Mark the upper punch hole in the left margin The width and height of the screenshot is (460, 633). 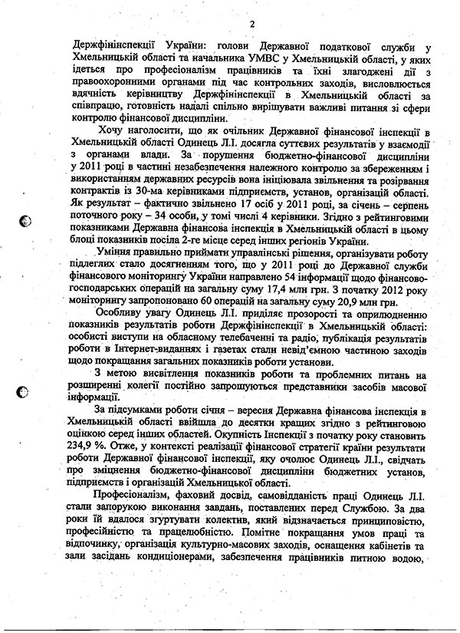[25, 221]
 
